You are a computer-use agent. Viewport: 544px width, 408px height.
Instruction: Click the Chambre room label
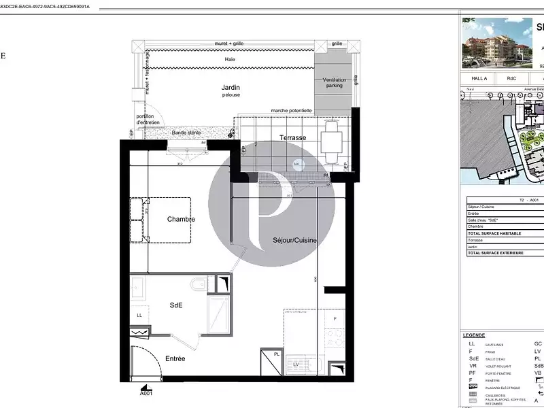(x=181, y=219)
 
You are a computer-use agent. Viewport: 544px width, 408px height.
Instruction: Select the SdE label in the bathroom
(x=175, y=306)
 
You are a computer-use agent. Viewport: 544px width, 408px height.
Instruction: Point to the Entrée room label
(x=175, y=358)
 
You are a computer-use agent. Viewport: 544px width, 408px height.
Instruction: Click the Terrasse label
(x=292, y=137)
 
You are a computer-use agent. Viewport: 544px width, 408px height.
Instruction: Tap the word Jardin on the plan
(x=231, y=87)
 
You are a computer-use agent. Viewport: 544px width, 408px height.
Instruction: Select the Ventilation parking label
(x=334, y=82)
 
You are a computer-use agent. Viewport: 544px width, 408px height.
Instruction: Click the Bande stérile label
(x=186, y=133)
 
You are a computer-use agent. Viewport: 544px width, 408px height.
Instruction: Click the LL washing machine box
(x=139, y=315)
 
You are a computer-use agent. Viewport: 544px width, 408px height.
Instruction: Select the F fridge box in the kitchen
(x=334, y=319)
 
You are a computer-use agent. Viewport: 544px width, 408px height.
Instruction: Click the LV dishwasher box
(x=296, y=365)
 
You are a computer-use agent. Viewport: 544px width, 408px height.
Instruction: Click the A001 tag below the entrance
(x=146, y=393)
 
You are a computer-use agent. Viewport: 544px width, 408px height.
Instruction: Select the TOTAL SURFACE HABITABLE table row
(x=503, y=233)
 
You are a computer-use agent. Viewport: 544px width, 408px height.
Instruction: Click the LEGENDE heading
(x=474, y=335)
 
